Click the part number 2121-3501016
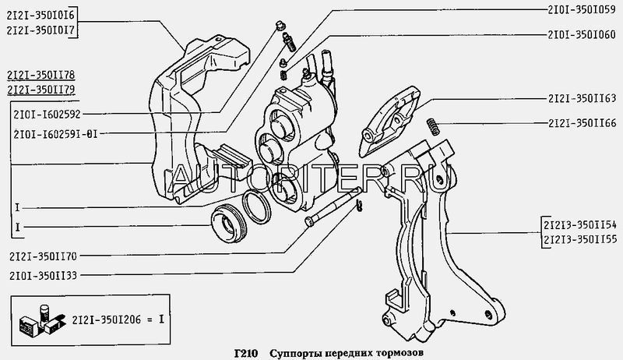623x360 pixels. click(x=41, y=15)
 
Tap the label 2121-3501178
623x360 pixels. click(x=41, y=75)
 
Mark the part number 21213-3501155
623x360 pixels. click(x=580, y=239)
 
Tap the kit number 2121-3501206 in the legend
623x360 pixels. click(x=107, y=319)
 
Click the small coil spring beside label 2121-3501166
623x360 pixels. click(x=434, y=122)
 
